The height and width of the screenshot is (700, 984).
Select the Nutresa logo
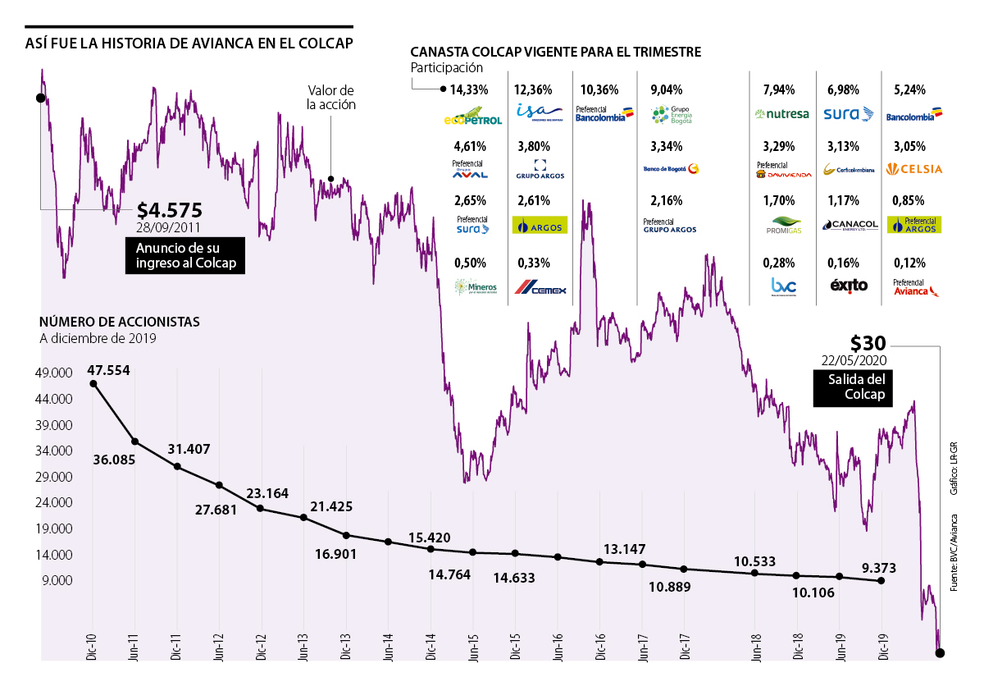point(781,114)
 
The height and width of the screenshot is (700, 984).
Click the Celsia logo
point(914,170)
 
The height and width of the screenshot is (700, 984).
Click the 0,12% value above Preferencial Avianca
point(909,263)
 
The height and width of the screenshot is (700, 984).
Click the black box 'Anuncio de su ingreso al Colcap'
point(184,256)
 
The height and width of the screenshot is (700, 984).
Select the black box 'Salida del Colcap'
point(853,387)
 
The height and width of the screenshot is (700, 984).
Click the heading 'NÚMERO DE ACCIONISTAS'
point(119,323)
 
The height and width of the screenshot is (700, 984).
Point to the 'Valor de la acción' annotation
point(330,98)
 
